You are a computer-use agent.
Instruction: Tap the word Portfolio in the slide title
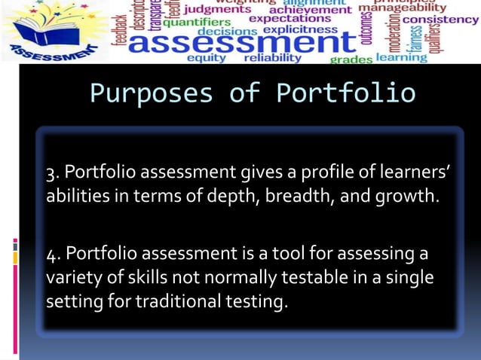click(x=345, y=93)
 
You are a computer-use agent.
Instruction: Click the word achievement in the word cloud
click(x=310, y=10)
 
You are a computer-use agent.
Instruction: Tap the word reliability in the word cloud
click(x=272, y=57)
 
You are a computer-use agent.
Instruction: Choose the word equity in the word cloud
click(x=205, y=58)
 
